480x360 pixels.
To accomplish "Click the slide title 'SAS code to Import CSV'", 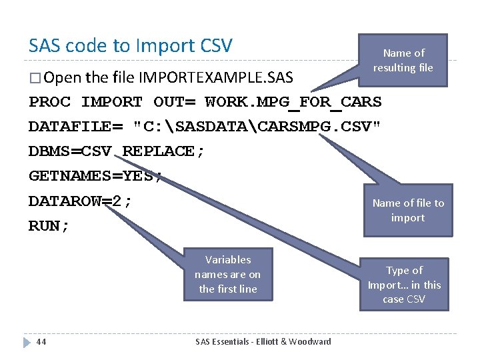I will click(130, 45).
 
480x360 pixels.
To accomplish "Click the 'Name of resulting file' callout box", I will click(403, 60).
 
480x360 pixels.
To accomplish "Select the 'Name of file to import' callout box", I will click(407, 211).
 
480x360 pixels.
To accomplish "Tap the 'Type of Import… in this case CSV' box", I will click(404, 285).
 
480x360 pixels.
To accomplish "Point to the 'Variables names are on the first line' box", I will click(228, 275).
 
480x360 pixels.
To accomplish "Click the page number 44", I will click(41, 341).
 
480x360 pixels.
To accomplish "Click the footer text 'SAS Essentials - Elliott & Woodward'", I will click(263, 341).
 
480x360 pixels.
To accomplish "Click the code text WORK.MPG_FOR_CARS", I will click(293, 102).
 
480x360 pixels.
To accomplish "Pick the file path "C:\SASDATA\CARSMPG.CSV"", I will click(257, 127).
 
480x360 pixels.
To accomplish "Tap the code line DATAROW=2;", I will click(81, 201).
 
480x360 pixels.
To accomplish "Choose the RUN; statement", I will click(49, 226).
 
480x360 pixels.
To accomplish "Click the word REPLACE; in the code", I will click(164, 151).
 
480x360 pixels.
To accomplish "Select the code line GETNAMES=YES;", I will click(95, 176).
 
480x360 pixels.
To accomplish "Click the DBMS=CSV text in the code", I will click(69, 151).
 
